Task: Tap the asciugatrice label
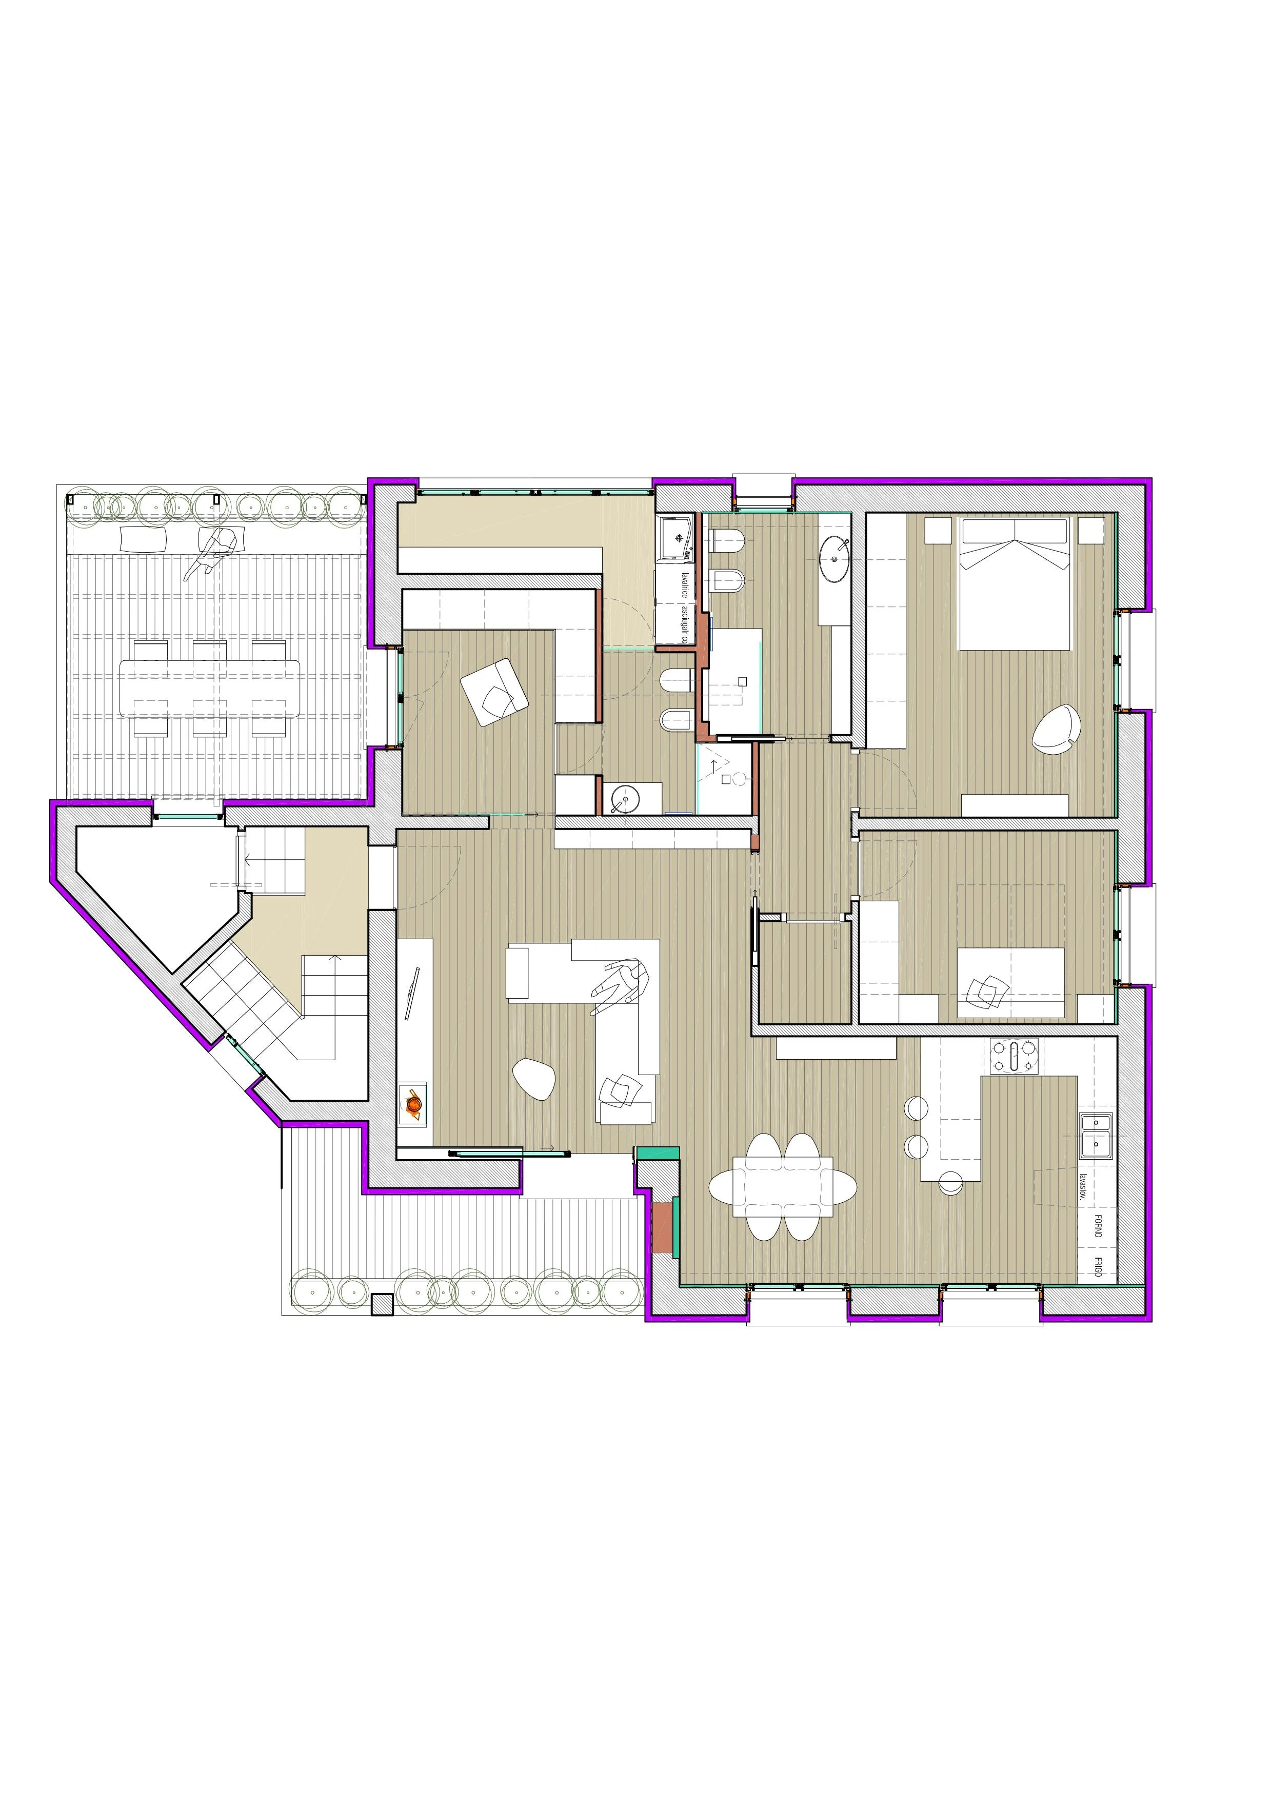coord(685,624)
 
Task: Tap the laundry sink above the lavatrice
coord(675,537)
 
